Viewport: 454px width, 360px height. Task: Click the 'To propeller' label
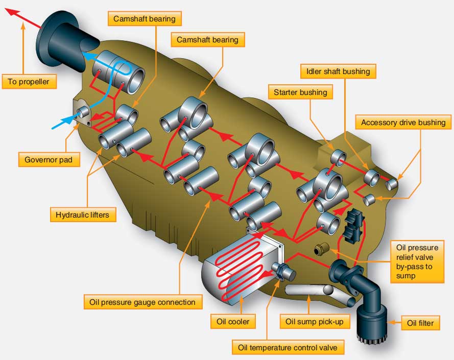click(29, 81)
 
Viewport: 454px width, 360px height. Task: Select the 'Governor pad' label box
click(49, 160)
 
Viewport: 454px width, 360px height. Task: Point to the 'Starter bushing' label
click(300, 92)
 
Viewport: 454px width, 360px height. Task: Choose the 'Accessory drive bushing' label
click(403, 123)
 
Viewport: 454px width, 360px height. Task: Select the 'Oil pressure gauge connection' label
click(142, 302)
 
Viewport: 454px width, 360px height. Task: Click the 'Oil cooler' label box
click(232, 322)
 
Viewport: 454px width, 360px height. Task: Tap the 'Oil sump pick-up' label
click(310, 322)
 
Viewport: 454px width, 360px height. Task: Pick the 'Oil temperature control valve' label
click(288, 348)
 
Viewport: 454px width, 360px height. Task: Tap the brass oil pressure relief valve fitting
click(321, 251)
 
